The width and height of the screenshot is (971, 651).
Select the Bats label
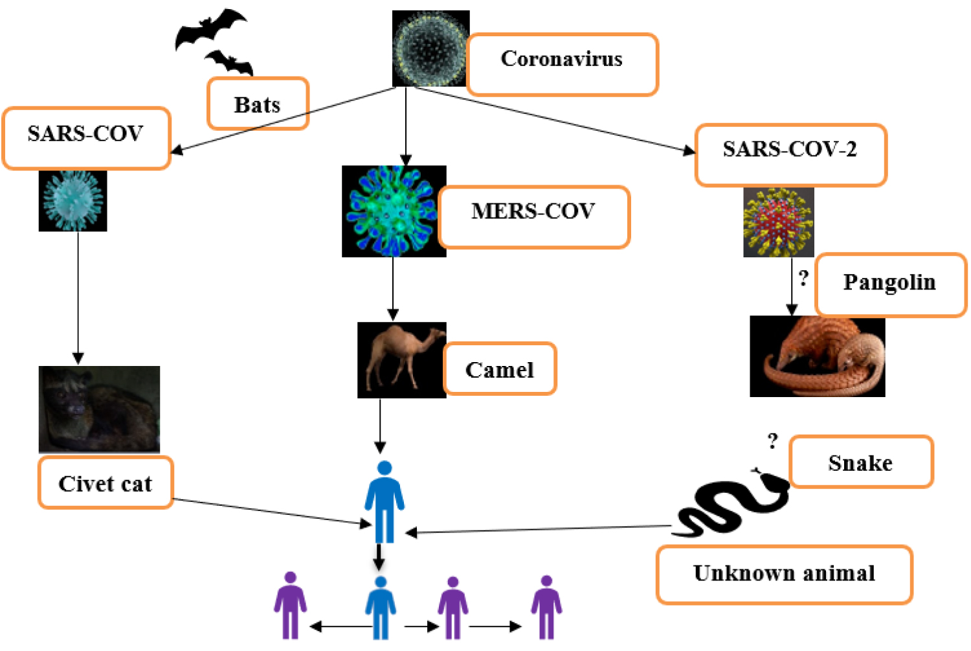pyautogui.click(x=258, y=104)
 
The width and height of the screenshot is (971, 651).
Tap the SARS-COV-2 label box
pyautogui.click(x=790, y=155)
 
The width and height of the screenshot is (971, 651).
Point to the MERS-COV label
pyautogui.click(x=533, y=216)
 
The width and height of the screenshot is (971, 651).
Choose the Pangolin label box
pyautogui.click(x=890, y=284)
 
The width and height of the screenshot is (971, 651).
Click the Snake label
pyautogui.click(x=861, y=462)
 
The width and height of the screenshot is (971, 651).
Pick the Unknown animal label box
pyautogui.click(x=784, y=575)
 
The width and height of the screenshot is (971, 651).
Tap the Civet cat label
pyautogui.click(x=106, y=483)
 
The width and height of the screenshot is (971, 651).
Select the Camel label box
pyautogui.click(x=500, y=369)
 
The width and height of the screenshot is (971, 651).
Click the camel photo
pyautogui.click(x=401, y=360)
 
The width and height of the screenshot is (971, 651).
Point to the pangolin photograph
pyautogui.click(x=817, y=356)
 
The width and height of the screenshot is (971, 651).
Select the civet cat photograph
pyautogui.click(x=99, y=409)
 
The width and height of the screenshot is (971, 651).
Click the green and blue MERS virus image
pyautogui.click(x=394, y=211)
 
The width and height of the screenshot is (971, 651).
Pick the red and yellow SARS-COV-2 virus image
pyautogui.click(x=778, y=222)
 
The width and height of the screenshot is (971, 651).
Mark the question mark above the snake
pyautogui.click(x=772, y=441)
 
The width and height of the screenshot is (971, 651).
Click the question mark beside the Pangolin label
pyautogui.click(x=803, y=278)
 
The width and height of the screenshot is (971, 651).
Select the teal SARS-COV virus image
pyautogui.click(x=73, y=201)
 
